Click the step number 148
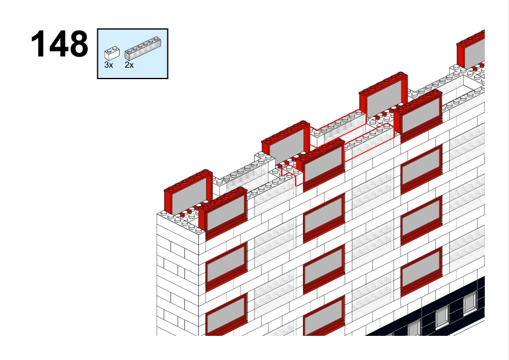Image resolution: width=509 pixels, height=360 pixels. pos(59,43)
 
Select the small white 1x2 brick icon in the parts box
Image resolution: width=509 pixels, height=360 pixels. pos(112,54)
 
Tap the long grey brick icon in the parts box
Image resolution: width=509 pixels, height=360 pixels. pos(143,48)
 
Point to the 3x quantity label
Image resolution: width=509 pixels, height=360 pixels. pos(109,65)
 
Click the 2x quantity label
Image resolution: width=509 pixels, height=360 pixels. pos(129,65)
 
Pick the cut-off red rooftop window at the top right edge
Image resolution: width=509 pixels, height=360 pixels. pos(471,50)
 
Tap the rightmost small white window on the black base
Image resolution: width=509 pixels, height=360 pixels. pos(470,304)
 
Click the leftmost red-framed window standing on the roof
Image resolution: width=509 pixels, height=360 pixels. pos(188,192)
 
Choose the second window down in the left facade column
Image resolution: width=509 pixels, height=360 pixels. pos(226,266)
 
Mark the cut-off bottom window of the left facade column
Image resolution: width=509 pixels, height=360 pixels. pos(226,315)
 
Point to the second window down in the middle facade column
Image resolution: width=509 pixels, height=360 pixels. pos(323,218)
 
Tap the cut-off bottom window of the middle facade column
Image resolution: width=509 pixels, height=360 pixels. pos(323,317)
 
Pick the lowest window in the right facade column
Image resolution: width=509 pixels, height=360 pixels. pos(421,272)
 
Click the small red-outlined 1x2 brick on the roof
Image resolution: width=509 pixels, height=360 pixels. pos(292,175)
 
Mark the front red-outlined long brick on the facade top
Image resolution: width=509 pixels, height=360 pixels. pos(369,142)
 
